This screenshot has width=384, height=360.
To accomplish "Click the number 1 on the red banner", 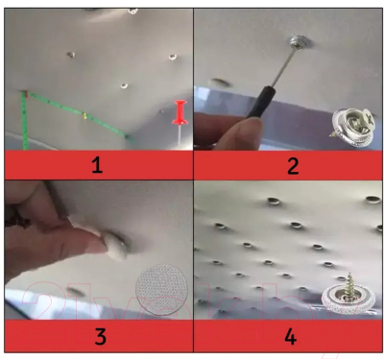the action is pyautogui.click(x=97, y=165).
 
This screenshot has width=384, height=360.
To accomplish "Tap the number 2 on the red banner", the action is pyautogui.click(x=293, y=165).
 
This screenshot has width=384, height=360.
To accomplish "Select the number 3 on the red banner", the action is pyautogui.click(x=101, y=336).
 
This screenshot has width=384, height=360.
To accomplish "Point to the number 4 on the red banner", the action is pyautogui.click(x=290, y=336).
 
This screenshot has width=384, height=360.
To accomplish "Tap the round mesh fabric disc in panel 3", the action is pyautogui.click(x=161, y=290).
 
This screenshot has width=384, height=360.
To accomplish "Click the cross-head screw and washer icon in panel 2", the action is pyautogui.click(x=353, y=127).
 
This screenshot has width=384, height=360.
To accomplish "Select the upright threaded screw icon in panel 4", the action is pyautogui.click(x=348, y=295).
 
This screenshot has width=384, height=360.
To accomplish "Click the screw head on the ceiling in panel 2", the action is pyautogui.click(x=299, y=42).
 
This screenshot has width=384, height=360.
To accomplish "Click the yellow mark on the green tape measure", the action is pyautogui.click(x=84, y=115).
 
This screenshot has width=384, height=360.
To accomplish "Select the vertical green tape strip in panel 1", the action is pyautogui.click(x=24, y=121).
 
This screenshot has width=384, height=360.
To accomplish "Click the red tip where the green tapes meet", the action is pyautogui.click(x=25, y=94).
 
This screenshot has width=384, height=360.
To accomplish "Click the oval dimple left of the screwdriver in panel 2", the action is pyautogui.click(x=221, y=83).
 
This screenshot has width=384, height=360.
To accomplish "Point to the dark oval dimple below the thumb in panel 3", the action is pyautogui.click(x=76, y=292).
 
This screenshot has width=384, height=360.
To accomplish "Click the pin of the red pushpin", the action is pyautogui.click(x=180, y=133).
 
